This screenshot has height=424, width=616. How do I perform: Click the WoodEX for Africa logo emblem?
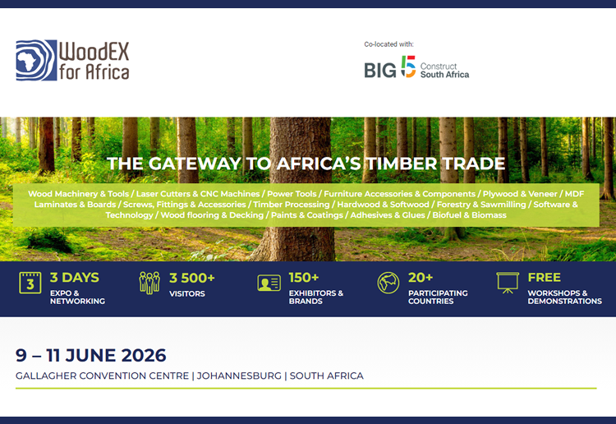(36, 60)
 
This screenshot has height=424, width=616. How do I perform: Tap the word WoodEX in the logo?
(94, 51)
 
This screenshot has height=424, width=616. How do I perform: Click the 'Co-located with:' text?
(388, 44)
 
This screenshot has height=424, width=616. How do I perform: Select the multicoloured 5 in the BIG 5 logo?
(408, 67)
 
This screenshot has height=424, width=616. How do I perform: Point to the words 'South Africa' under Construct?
(444, 75)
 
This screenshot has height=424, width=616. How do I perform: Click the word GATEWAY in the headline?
(195, 164)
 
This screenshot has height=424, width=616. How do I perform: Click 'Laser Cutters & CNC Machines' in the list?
(198, 194)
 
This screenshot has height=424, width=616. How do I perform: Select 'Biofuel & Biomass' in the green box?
(470, 215)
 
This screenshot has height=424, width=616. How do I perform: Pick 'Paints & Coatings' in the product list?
(307, 215)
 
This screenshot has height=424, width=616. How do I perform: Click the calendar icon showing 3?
(30, 283)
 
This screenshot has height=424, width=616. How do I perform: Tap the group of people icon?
(149, 283)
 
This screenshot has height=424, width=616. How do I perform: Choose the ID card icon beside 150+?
(269, 283)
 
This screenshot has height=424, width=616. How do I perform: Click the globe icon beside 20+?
(388, 283)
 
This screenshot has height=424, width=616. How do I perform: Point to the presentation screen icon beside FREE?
(508, 283)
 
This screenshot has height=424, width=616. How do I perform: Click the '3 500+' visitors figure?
(192, 279)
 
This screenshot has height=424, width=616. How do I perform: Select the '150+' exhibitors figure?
(304, 278)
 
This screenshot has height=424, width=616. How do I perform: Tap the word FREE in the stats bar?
(544, 278)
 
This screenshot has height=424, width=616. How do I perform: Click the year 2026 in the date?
(144, 355)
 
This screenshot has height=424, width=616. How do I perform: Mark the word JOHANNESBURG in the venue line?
(239, 376)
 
